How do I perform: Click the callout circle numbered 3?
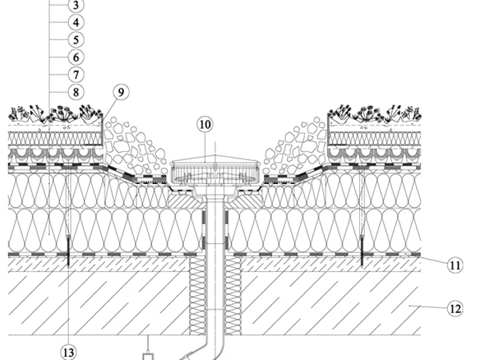[x=76, y=5]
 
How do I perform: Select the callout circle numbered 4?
[x=76, y=22]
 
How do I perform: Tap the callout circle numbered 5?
[x=76, y=40]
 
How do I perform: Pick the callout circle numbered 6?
[x=76, y=57]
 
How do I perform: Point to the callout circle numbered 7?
[x=76, y=75]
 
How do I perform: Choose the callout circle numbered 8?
[x=76, y=92]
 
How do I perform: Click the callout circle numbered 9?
[x=121, y=92]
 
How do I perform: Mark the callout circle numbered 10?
[x=205, y=125]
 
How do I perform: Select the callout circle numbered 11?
[x=455, y=265]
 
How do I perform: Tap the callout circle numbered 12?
[x=455, y=309]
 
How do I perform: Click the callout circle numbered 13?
[x=68, y=352]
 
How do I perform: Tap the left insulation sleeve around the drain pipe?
[x=198, y=295]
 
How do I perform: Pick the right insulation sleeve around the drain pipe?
[x=234, y=295]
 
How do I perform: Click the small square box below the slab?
[x=148, y=357]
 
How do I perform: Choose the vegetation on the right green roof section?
[x=374, y=114]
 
